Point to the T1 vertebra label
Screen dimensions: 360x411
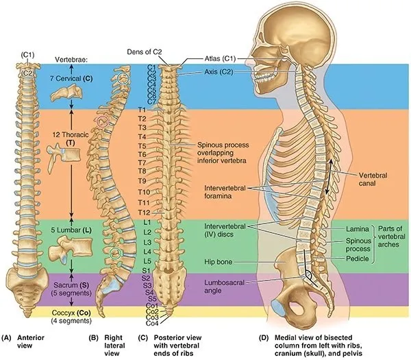[x=142, y=109]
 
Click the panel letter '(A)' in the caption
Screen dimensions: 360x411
[x=8, y=337]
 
